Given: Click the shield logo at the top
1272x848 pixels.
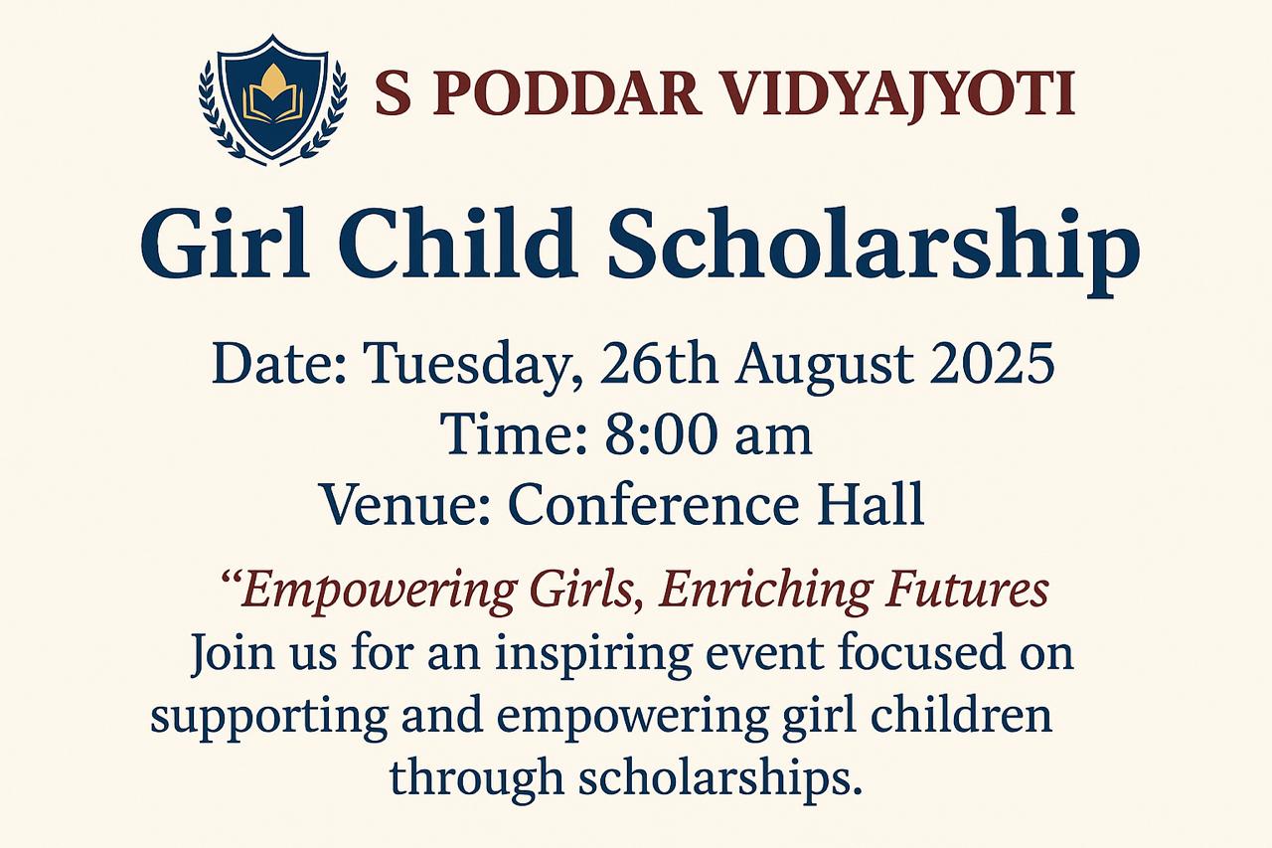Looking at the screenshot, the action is [x=273, y=100].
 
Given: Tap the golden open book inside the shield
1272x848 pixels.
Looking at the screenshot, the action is [x=273, y=102].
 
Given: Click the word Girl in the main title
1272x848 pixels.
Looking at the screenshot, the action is [x=226, y=245].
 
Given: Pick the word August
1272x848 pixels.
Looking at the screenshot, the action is [x=826, y=367].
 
